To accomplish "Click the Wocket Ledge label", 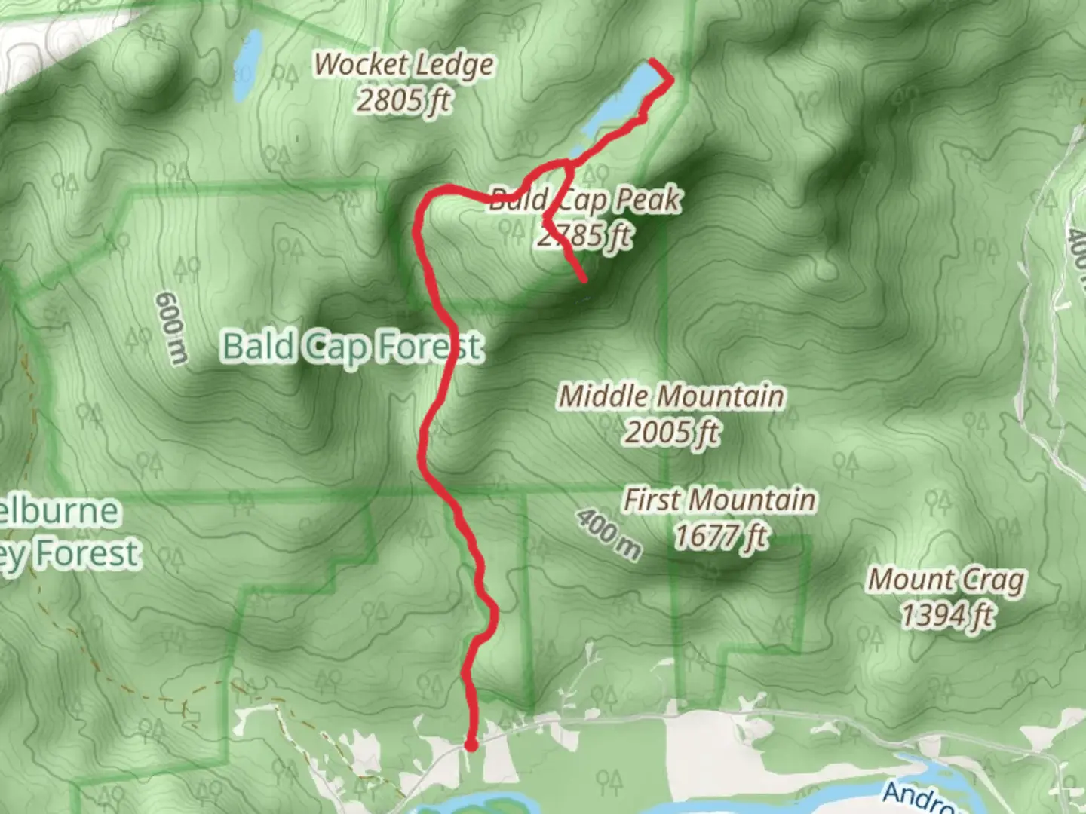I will [403, 65].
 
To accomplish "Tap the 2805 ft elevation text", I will [403, 99].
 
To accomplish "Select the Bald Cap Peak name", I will [585, 200].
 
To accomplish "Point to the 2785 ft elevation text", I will [585, 236].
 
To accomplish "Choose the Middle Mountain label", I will [671, 396].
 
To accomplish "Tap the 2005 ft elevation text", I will [671, 433].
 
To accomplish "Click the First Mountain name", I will [719, 500].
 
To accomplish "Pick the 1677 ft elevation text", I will [719, 537].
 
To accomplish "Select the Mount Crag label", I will [946, 580].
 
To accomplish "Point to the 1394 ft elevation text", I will [946, 616].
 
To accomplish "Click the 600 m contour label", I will [171, 329].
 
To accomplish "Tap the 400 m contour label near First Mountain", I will [609, 534].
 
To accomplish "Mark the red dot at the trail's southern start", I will [471, 746].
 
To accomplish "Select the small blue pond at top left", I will [247, 66].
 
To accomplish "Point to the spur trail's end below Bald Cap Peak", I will [584, 280].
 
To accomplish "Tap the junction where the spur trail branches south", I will [567, 163].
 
